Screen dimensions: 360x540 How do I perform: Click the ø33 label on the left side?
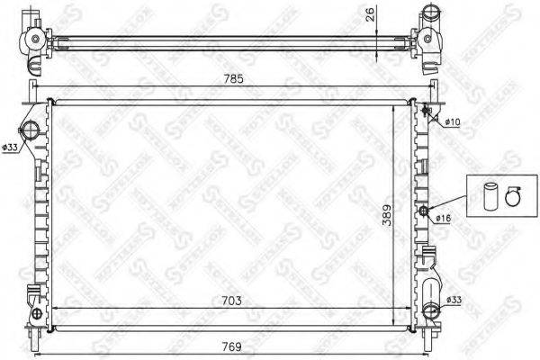(11, 148)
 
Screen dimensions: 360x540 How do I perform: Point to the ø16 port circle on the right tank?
(423, 211)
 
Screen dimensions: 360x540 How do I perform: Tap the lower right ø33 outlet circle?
(431, 312)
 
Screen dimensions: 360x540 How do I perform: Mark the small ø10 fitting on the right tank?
(426, 112)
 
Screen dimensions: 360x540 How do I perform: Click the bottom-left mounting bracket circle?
(36, 315)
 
